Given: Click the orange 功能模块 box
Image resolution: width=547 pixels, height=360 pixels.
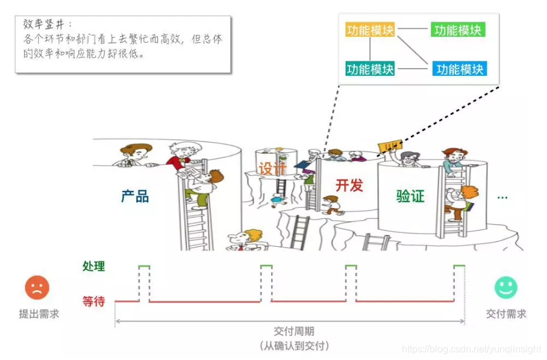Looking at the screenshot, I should tap(370, 29).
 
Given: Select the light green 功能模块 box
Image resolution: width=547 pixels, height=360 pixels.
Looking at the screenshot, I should tap(458, 29).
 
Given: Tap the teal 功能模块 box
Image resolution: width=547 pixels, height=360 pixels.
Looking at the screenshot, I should tap(370, 69).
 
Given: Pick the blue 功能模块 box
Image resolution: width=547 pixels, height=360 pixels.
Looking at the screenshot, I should tap(460, 69).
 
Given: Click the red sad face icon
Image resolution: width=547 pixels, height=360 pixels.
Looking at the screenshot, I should tap(37, 288).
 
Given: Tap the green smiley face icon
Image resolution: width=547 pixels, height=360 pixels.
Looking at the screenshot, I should tap(506, 287).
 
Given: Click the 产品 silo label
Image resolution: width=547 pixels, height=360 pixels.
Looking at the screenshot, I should tap(135, 196).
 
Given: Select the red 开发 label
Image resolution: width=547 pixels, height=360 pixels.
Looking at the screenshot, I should tap(349, 185).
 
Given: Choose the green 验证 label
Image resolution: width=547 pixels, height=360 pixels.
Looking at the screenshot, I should tap(410, 196).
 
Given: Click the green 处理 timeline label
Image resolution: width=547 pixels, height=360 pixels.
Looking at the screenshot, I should tap(93, 266).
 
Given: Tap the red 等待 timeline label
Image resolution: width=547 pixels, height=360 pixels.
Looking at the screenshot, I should tap(93, 301).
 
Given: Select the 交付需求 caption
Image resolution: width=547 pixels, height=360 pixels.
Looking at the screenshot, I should tap(506, 314).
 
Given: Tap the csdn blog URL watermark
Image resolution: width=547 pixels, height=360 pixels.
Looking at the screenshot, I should tap(472, 350).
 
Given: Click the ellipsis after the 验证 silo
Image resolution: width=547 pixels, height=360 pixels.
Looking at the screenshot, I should tap(502, 197).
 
